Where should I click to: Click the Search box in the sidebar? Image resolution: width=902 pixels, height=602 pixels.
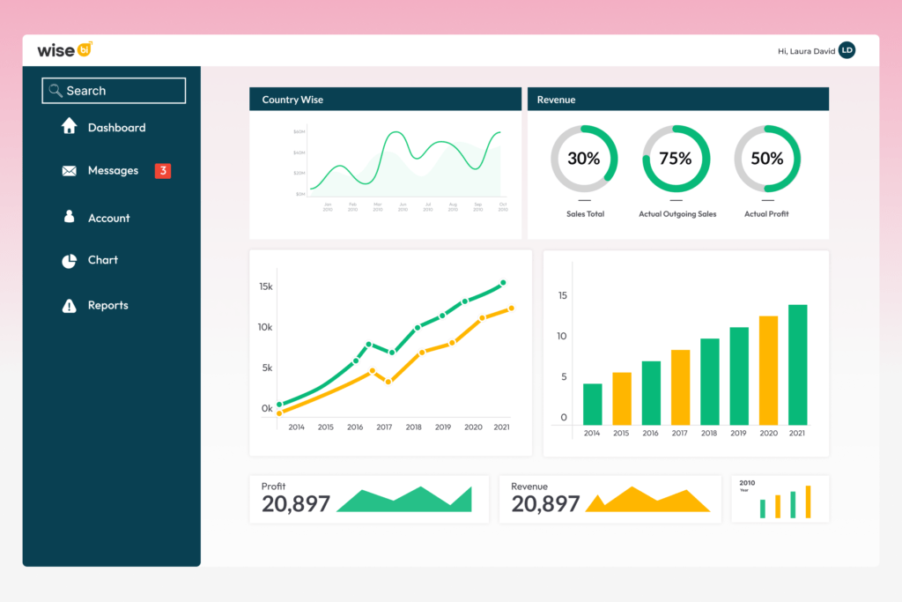click(x=114, y=91)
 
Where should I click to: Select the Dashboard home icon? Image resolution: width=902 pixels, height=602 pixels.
click(x=69, y=127)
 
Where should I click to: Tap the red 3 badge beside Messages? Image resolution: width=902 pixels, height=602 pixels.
click(x=162, y=171)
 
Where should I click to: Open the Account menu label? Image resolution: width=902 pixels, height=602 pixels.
click(x=108, y=218)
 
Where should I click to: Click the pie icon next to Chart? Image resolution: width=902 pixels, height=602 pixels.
click(x=69, y=261)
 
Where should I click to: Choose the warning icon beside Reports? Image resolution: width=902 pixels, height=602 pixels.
click(x=69, y=306)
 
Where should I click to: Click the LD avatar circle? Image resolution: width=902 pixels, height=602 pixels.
click(x=847, y=51)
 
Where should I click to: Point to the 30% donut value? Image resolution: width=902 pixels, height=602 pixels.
click(x=583, y=159)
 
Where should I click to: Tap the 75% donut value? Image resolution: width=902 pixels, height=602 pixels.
click(x=676, y=159)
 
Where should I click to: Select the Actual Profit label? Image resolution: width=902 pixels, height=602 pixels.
click(x=766, y=214)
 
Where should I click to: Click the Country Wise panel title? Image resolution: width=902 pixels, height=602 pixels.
click(x=292, y=100)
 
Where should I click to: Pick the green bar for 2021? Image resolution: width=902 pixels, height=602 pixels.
click(x=797, y=365)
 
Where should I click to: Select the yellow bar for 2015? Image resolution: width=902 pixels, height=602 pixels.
click(x=622, y=398)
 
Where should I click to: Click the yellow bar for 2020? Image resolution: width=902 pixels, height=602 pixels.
click(x=768, y=370)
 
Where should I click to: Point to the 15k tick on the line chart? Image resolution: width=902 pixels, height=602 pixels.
click(x=265, y=286)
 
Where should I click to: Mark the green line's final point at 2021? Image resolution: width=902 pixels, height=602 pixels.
click(x=503, y=283)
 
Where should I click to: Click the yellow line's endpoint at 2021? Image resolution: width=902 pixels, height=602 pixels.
click(x=511, y=308)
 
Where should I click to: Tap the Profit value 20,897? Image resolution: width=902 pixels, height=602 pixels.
click(x=296, y=504)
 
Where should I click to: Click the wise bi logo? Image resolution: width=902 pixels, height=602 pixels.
click(x=64, y=50)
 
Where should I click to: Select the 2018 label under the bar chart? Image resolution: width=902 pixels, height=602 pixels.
click(x=709, y=434)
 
